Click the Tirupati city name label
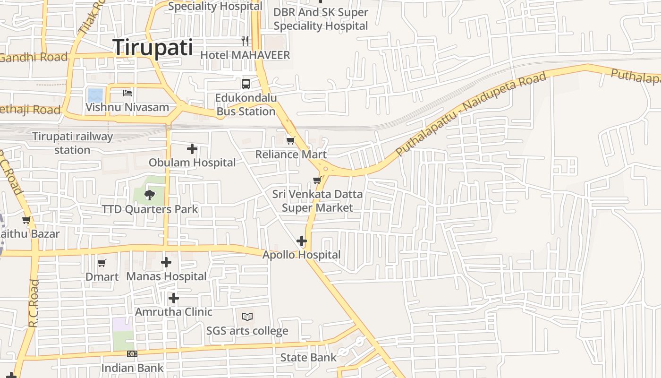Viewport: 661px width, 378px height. [153, 48]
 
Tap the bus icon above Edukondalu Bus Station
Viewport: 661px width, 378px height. [246, 84]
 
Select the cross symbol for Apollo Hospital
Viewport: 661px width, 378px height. [302, 241]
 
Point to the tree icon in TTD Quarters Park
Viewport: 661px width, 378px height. [150, 194]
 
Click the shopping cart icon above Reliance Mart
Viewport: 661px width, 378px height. [291, 140]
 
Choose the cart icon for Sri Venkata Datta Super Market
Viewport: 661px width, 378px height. [317, 180]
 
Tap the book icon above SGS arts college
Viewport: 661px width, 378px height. [247, 317]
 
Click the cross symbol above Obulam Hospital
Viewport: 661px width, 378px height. [192, 149]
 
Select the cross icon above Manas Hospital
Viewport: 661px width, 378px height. [166, 262]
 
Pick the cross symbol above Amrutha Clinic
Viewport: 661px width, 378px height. [174, 298]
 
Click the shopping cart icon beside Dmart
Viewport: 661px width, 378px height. [102, 263]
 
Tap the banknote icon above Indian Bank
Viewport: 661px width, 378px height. [132, 353]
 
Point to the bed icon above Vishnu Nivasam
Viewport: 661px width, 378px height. [127, 93]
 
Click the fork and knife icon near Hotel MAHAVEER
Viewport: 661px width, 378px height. [245, 41]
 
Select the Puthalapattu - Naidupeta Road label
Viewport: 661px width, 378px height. [472, 113]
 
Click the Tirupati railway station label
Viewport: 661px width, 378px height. [73, 143]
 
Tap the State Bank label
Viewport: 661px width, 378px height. [308, 357]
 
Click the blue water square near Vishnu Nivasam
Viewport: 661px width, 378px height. [95, 95]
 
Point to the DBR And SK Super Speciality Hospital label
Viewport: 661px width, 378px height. [321, 19]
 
